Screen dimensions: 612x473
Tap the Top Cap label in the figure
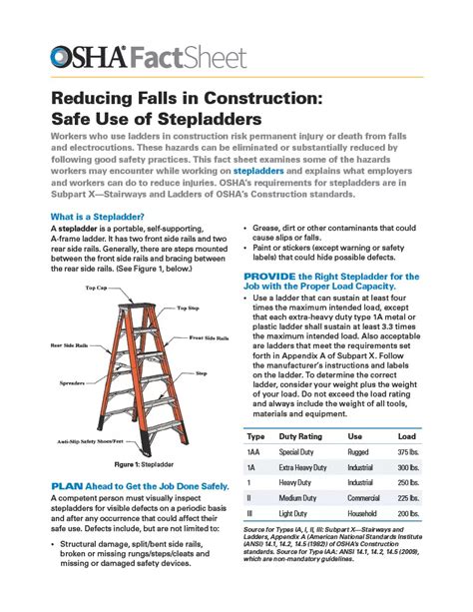[96, 288]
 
